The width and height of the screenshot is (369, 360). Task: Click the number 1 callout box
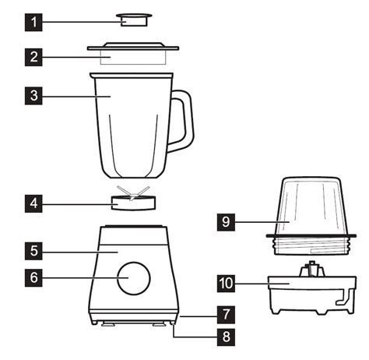(x=33, y=21)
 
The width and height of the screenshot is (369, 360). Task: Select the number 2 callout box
(x=33, y=57)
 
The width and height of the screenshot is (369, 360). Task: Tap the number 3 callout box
(x=33, y=97)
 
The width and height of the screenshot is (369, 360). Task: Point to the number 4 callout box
(x=33, y=205)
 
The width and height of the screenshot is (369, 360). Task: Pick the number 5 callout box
(x=33, y=252)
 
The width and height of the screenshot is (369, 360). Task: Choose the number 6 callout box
(x=33, y=277)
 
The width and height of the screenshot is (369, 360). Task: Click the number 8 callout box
(x=224, y=337)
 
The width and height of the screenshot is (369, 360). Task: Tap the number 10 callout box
(x=226, y=284)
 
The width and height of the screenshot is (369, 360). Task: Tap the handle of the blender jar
(x=184, y=121)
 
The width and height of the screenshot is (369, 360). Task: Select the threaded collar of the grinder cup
(x=305, y=243)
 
